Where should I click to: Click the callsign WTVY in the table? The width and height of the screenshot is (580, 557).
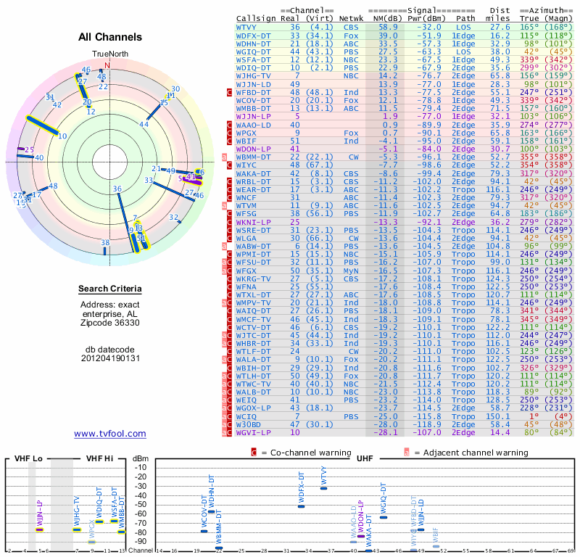point(249,27)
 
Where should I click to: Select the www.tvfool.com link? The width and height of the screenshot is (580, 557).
point(110,434)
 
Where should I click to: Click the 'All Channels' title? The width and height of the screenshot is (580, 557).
point(110,38)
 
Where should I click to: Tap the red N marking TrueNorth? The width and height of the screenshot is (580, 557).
point(107,63)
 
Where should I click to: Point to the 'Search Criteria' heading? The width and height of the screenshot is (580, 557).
point(110,289)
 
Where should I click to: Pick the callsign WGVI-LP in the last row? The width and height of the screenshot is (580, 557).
point(254,432)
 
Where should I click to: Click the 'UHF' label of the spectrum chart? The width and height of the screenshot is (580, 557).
point(365,460)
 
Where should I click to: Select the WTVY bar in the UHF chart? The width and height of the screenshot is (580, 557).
point(323,488)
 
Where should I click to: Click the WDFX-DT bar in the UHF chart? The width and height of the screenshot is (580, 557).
point(301,506)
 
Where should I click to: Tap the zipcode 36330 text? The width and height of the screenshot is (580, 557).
point(110,323)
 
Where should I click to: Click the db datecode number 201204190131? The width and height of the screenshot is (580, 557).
point(110,358)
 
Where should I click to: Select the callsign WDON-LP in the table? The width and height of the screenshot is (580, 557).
point(254,148)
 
